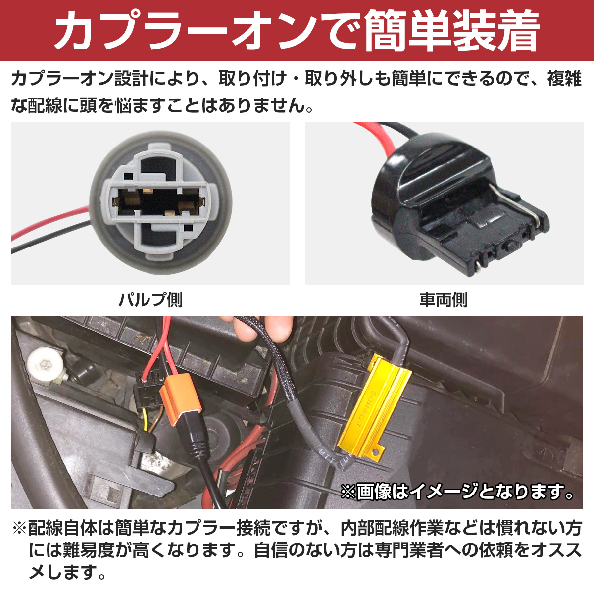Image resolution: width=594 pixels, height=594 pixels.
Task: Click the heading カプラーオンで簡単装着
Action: (x=297, y=31)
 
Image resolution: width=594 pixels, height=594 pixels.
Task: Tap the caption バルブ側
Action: (x=150, y=300)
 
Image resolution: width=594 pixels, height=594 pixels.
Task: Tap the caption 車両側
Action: (x=444, y=300)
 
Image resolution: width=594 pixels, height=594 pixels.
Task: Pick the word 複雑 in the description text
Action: (x=564, y=79)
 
